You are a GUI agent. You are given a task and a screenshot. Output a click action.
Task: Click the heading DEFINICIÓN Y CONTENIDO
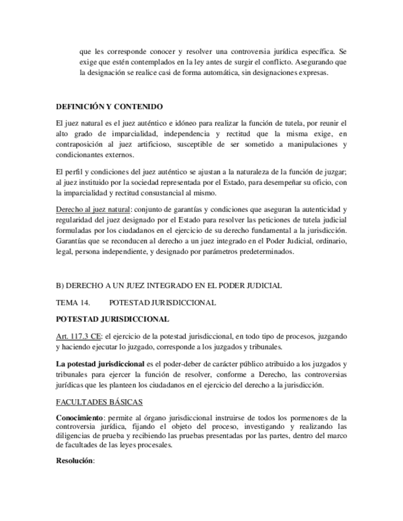[109, 106]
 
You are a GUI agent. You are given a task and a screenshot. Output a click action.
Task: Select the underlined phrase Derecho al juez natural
[93, 210]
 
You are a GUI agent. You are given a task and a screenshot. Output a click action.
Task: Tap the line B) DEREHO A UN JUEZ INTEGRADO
[169, 286]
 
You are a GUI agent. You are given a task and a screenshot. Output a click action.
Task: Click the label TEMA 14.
[73, 302]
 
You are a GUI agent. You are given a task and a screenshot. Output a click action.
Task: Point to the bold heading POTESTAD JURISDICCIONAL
[112, 319]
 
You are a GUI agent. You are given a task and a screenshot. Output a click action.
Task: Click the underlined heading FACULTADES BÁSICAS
[99, 402]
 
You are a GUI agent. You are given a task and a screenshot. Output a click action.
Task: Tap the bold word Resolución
[74, 460]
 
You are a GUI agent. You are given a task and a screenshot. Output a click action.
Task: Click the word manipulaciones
[316, 144]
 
